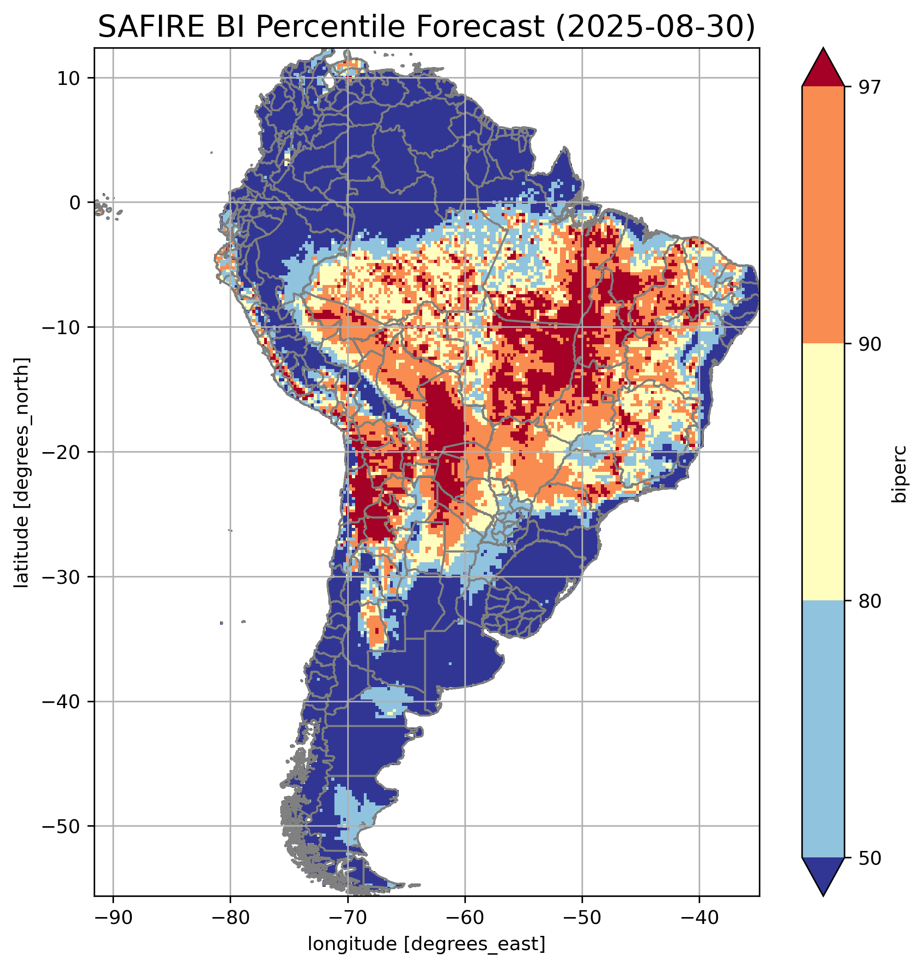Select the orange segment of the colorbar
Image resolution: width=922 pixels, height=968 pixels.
(823, 215)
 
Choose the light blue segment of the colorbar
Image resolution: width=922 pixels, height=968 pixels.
(823, 729)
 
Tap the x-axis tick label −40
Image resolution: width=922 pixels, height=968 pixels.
(698, 918)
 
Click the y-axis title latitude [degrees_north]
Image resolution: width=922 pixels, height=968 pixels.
(22, 472)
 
